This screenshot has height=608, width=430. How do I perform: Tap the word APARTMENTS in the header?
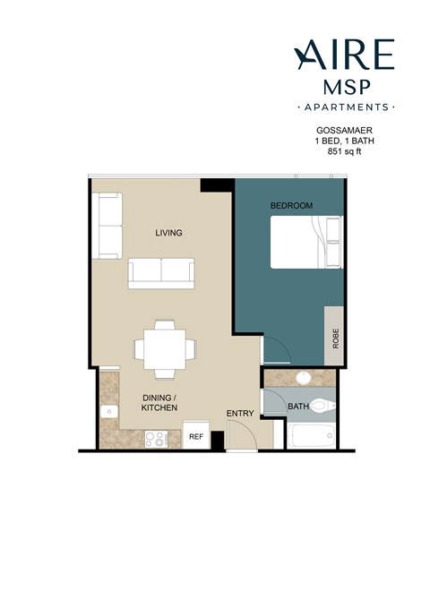click(345, 107)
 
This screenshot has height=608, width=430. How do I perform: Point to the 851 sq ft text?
click(337, 152)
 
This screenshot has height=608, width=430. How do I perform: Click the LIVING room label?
click(168, 233)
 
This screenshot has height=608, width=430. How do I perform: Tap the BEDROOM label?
click(291, 206)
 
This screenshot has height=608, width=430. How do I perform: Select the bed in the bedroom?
click(306, 242)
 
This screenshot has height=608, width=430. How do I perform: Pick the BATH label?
click(298, 407)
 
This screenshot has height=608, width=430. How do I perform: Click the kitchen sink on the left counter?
click(107, 411)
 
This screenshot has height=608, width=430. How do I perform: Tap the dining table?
click(163, 347)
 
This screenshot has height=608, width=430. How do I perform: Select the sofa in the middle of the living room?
click(162, 272)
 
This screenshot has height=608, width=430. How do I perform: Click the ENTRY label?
click(240, 413)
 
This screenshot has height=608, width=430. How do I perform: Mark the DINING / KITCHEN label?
click(159, 402)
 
